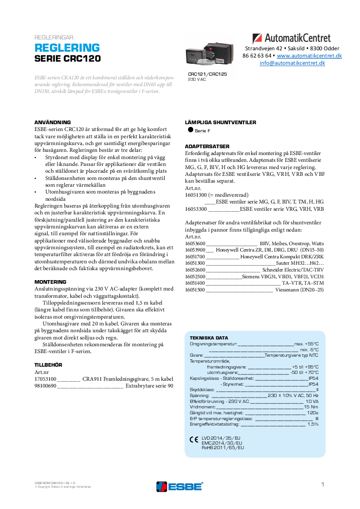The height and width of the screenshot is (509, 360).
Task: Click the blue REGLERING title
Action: pyautogui.click(x=67, y=48)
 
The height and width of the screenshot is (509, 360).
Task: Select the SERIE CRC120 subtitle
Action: pyautogui.click(x=68, y=59)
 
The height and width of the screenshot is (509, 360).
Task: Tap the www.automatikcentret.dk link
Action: pyautogui.click(x=309, y=55)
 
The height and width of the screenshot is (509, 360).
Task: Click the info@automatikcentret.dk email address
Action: pyautogui.click(x=292, y=63)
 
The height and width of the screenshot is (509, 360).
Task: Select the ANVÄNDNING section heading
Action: pyautogui.click(x=53, y=122)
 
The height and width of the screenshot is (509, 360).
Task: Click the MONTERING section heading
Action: pyautogui.click(x=50, y=281)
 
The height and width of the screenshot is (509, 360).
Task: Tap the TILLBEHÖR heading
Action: pyautogui.click(x=48, y=364)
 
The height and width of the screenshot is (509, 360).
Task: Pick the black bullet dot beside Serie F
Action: pyautogui.click(x=190, y=130)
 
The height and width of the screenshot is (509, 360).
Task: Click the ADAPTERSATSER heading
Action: pyautogui.click(x=207, y=146)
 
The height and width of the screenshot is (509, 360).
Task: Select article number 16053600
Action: pyautogui.click(x=195, y=243)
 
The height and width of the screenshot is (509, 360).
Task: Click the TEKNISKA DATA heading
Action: pyautogui.click(x=209, y=338)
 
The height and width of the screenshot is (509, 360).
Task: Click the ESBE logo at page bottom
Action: pyautogui.click(x=180, y=486)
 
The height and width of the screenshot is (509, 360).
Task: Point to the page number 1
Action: pyautogui.click(x=322, y=485)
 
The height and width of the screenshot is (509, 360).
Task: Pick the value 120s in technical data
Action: pyautogui.click(x=312, y=413)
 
